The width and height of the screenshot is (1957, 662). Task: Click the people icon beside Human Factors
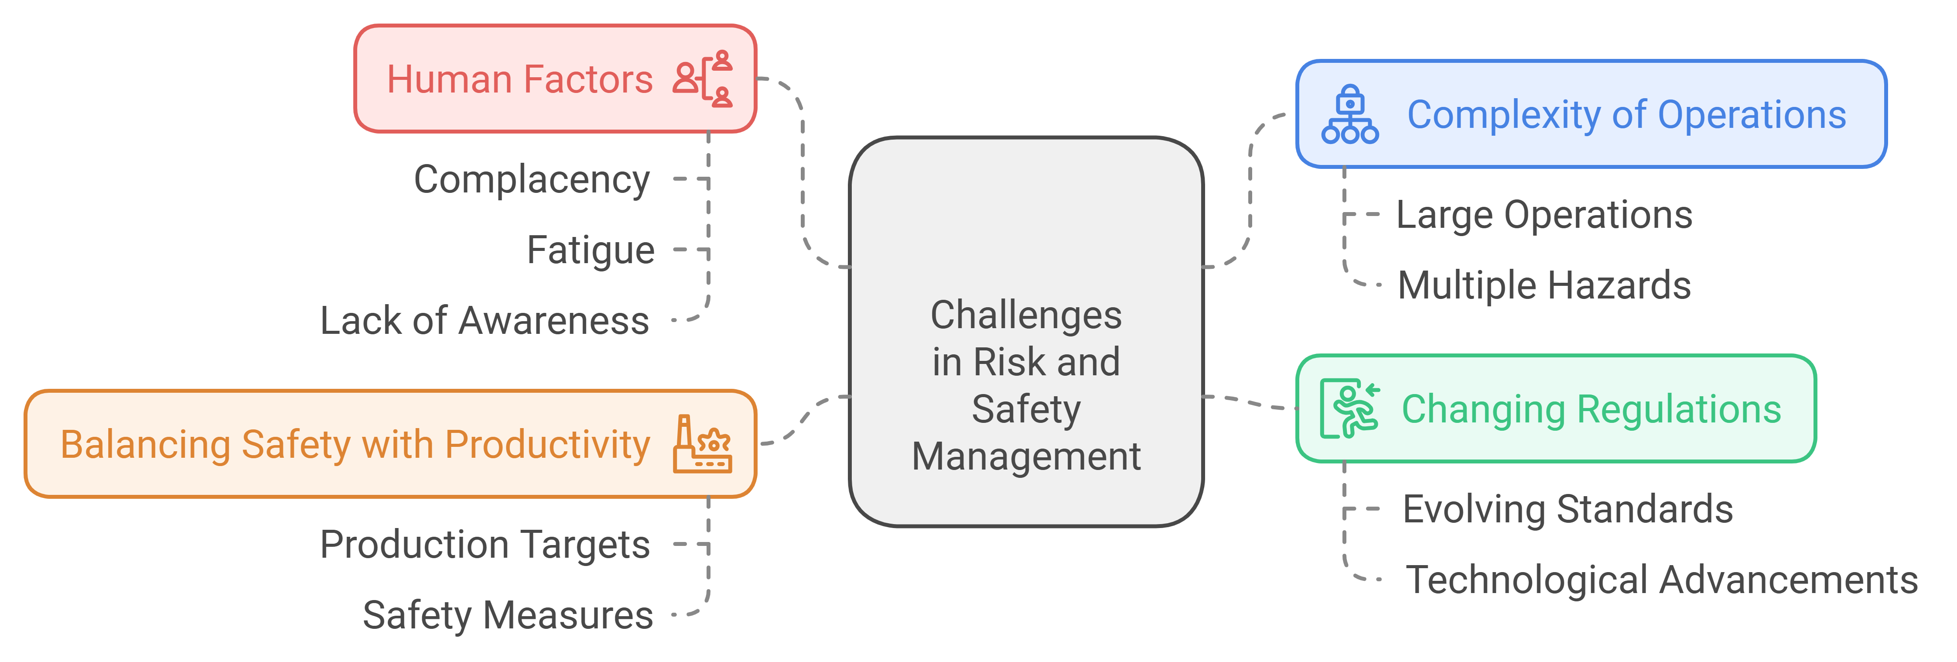pyautogui.click(x=703, y=79)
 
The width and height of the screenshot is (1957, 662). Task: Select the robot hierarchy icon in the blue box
pyautogui.click(x=1349, y=115)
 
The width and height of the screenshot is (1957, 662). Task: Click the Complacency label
pyautogui.click(x=532, y=180)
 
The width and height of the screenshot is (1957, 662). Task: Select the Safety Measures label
pyautogui.click(x=508, y=615)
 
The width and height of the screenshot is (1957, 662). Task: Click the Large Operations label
pyautogui.click(x=1544, y=215)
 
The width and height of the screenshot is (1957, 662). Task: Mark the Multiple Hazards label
pyautogui.click(x=1544, y=286)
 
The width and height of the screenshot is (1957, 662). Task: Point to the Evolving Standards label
pyautogui.click(x=1567, y=509)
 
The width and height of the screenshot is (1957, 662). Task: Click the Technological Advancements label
pyautogui.click(x=1661, y=580)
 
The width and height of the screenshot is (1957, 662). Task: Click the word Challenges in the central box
pyautogui.click(x=1025, y=316)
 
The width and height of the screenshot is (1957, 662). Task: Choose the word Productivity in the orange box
pyautogui.click(x=547, y=445)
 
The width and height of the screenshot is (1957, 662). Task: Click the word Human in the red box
pyautogui.click(x=449, y=79)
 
